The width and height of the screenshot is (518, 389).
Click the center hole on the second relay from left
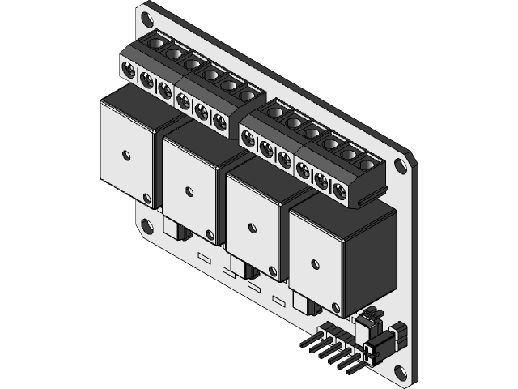pyautogui.click(x=189, y=191)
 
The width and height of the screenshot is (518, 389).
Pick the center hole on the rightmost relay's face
pyautogui.click(x=314, y=263)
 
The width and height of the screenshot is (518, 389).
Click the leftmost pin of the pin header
pyautogui.click(x=307, y=342)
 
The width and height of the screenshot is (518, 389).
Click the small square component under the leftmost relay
pyautogui.click(x=172, y=225)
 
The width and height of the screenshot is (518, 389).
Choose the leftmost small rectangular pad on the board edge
pyautogui.click(x=204, y=258)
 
